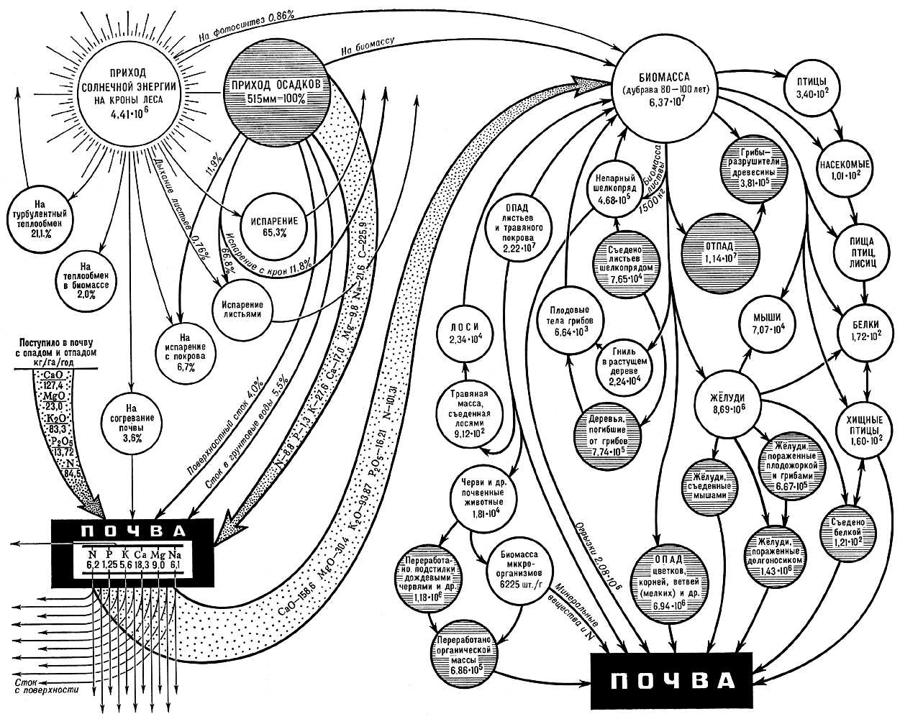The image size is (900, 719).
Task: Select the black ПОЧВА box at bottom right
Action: click(x=671, y=680)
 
